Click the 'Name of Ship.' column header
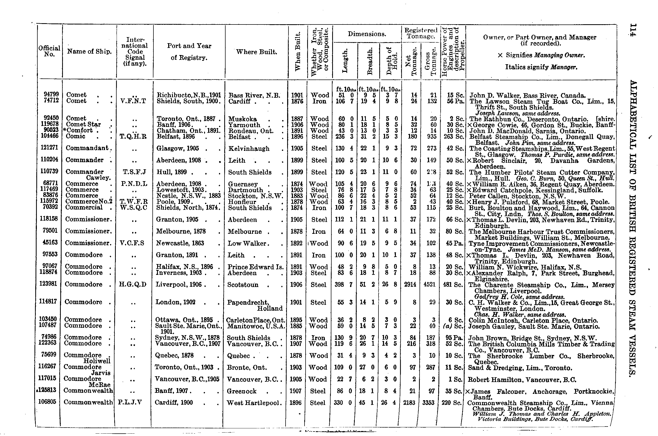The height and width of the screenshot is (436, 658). [89, 51]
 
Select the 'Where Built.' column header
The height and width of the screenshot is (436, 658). [256, 52]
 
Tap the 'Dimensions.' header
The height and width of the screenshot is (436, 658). [367, 34]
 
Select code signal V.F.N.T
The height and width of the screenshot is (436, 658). [133, 101]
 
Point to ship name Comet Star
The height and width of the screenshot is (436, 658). [83, 125]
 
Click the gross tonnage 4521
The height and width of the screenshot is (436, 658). [430, 285]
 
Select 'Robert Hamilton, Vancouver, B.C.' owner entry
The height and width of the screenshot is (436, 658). [522, 380]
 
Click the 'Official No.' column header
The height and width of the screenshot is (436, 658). [49, 51]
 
